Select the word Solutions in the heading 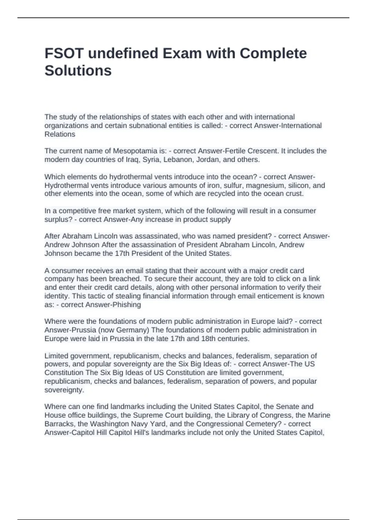[x=78, y=71]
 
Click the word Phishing [x=127, y=305]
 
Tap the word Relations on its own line [x=60, y=134]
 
